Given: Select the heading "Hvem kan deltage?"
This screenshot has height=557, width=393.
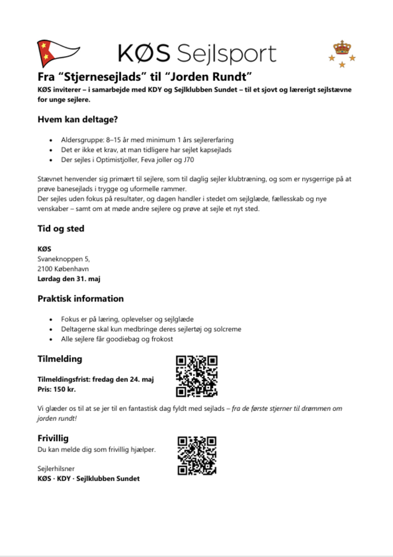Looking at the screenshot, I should click(78, 120).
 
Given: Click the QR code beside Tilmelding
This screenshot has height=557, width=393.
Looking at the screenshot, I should click(196, 376).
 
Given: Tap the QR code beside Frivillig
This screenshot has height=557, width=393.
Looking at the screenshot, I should click(197, 455).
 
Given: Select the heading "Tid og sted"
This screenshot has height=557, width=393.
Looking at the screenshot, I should click(61, 229).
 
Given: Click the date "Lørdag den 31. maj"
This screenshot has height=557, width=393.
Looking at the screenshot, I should click(69, 279).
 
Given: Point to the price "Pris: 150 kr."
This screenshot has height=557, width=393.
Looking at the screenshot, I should click(57, 389).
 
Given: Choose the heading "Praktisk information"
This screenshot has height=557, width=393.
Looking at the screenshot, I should click(81, 299).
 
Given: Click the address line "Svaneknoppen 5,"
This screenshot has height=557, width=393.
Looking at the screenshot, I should click(64, 259).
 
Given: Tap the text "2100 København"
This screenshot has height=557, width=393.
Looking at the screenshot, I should click(63, 269).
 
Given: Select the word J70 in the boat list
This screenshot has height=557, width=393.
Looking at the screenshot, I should click(189, 160).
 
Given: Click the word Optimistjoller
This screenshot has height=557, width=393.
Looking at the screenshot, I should click(117, 160).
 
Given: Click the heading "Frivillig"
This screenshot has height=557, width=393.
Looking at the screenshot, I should click(53, 438).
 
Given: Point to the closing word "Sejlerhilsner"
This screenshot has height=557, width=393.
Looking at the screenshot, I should click(56, 469).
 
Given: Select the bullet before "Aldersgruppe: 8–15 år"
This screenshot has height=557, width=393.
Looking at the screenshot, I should click(51, 140).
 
